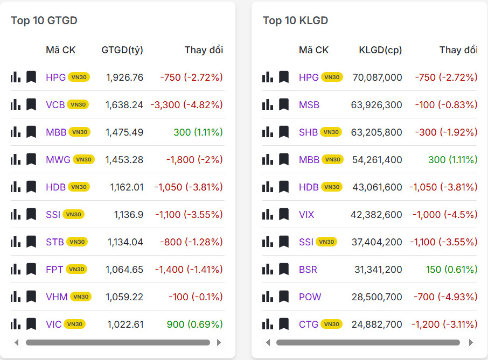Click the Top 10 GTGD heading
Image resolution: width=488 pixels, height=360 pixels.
(44, 20)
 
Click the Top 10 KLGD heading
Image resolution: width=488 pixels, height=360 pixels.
(295, 20)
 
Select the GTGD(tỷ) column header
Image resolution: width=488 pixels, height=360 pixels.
(122, 50)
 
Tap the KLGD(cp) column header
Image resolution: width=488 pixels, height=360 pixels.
(380, 50)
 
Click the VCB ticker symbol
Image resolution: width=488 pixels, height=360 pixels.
(55, 104)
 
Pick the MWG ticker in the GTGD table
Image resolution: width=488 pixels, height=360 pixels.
(58, 159)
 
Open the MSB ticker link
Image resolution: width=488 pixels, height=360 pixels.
(309, 104)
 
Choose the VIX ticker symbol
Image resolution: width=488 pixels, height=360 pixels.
(306, 214)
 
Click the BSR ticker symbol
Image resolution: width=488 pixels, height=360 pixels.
(308, 269)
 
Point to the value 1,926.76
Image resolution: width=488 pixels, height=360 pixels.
(124, 77)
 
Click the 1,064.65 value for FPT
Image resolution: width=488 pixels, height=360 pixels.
(124, 269)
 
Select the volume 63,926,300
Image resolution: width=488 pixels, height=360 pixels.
(377, 104)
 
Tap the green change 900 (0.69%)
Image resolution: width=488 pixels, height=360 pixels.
(194, 324)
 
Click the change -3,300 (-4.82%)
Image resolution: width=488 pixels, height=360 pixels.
(186, 104)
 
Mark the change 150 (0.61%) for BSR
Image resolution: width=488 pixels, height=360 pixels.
(451, 269)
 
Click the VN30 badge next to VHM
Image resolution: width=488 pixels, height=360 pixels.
(80, 297)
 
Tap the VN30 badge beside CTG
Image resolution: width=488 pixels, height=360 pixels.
(332, 324)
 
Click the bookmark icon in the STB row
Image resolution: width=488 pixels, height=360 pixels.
(31, 242)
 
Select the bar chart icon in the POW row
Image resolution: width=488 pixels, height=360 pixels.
(268, 297)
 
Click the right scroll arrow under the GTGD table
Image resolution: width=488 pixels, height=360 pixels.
(218, 342)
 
